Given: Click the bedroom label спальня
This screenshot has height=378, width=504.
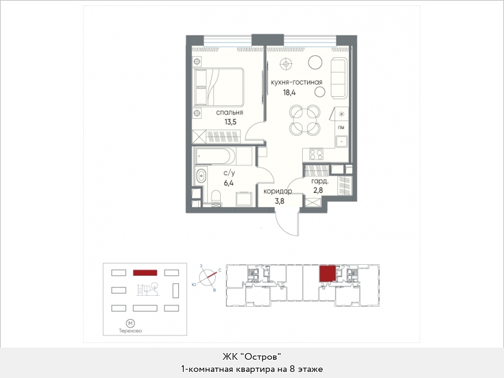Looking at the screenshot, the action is [229, 113].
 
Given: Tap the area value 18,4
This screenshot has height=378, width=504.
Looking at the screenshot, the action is [289, 93].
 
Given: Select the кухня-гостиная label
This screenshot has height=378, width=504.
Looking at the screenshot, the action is [296, 82].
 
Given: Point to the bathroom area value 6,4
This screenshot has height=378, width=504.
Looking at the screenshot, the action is [229, 183].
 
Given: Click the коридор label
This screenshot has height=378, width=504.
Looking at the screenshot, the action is [278, 191].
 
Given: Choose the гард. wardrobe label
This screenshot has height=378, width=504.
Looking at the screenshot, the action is [320, 181].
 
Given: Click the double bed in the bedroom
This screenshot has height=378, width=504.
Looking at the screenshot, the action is [218, 87].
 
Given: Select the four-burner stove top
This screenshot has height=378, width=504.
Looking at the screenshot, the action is [316, 155].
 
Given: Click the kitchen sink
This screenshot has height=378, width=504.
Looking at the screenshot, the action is [342, 141].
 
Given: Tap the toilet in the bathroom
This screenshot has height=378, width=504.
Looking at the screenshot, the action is [216, 198].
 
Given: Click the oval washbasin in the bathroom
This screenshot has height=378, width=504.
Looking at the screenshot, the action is [201, 176].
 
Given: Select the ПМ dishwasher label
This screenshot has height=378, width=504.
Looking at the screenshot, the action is [341, 128].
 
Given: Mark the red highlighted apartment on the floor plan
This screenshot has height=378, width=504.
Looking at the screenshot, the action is [327, 273].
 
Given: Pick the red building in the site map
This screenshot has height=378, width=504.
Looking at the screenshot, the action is [145, 273].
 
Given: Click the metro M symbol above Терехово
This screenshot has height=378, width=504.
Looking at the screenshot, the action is [130, 323].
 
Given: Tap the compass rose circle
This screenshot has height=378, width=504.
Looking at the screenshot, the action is [207, 277].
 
